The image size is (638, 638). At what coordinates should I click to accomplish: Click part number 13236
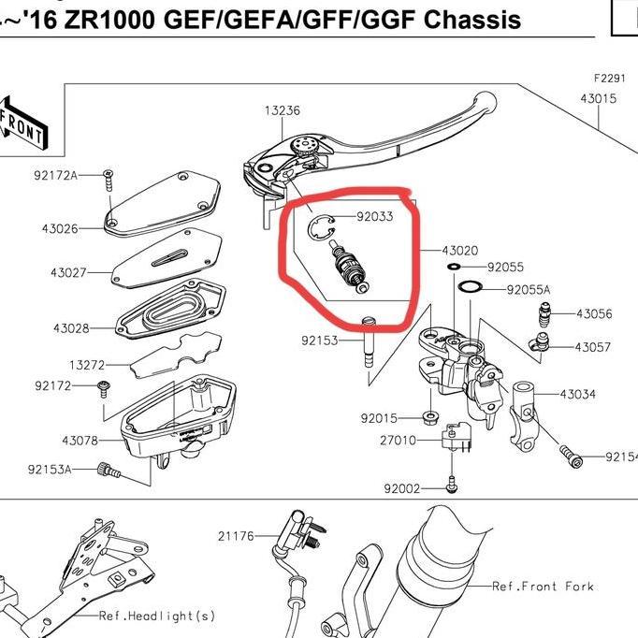(282, 110)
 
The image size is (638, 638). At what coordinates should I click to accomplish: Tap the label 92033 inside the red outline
(374, 217)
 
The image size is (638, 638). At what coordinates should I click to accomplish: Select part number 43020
(459, 251)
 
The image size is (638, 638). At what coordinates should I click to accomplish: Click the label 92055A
(529, 290)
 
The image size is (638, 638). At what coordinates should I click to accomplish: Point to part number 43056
(594, 314)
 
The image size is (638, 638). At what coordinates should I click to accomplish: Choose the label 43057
(592, 347)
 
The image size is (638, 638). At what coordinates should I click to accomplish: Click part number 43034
(577, 394)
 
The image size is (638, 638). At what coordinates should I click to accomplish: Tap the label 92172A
(55, 175)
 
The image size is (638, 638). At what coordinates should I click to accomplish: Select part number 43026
(59, 227)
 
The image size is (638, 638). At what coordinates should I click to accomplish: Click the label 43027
(68, 272)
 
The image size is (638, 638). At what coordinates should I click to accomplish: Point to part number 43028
(71, 328)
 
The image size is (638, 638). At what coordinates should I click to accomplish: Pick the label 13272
(86, 364)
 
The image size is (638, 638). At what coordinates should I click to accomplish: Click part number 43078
(80, 440)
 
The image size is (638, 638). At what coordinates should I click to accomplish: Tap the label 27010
(398, 440)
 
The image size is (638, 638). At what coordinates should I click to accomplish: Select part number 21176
(236, 536)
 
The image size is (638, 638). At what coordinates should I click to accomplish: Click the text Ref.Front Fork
(543, 587)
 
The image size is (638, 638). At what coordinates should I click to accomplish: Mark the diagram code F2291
(609, 80)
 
